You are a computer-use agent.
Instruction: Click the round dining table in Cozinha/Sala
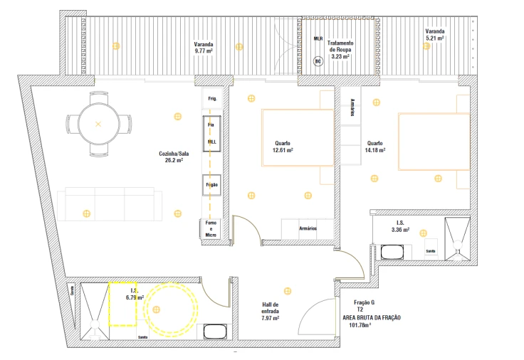point(98,125)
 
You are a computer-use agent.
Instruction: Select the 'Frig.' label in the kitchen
point(211,97)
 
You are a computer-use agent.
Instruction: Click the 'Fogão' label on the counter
point(211,185)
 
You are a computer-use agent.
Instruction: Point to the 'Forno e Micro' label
point(211,228)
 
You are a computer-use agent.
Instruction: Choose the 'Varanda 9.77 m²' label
point(204,48)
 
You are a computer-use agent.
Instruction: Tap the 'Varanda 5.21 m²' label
point(435,35)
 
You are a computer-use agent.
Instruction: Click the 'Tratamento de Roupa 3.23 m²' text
point(341,49)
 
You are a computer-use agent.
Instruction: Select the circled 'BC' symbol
point(318,61)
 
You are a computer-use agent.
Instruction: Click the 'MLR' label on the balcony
point(318,38)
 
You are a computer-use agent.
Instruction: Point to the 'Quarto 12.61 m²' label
point(283,147)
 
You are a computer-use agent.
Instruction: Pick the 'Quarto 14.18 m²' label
point(374,147)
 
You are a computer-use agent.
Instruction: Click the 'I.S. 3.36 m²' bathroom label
point(400,226)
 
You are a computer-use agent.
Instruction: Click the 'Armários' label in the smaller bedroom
point(308,228)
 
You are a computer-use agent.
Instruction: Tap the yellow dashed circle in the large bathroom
point(169,309)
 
